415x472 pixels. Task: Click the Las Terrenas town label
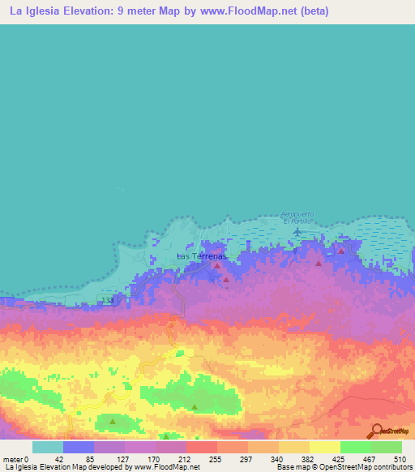199,256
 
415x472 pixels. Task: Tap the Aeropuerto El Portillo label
297,217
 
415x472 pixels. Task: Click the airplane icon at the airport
297,232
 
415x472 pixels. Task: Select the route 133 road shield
109,300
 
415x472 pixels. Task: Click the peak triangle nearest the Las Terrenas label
216,265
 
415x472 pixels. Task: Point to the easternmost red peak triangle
341,251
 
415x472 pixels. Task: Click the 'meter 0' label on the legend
15,458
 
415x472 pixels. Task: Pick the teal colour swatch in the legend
47,447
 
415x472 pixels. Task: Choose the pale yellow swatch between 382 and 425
324,447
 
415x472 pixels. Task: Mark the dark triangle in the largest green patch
195,407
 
